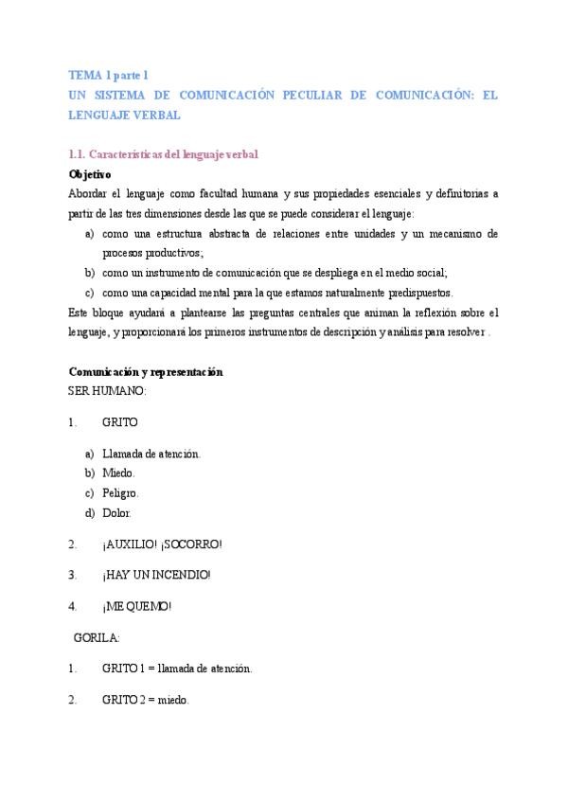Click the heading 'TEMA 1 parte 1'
click(x=109, y=74)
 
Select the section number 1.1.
click(x=80, y=154)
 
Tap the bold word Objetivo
click(x=90, y=174)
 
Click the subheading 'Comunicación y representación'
click(x=146, y=372)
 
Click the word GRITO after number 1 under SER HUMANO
click(x=120, y=422)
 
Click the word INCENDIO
click(x=180, y=575)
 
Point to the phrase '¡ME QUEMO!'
click(x=137, y=606)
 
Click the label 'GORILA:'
click(x=97, y=637)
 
